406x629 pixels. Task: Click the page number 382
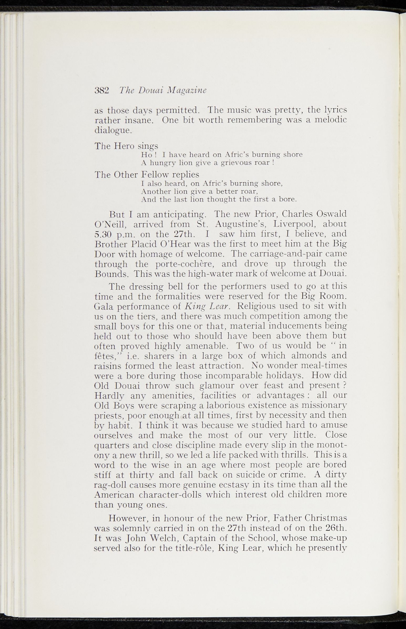(102, 91)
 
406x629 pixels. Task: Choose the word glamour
(217, 385)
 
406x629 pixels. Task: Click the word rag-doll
(110, 485)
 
